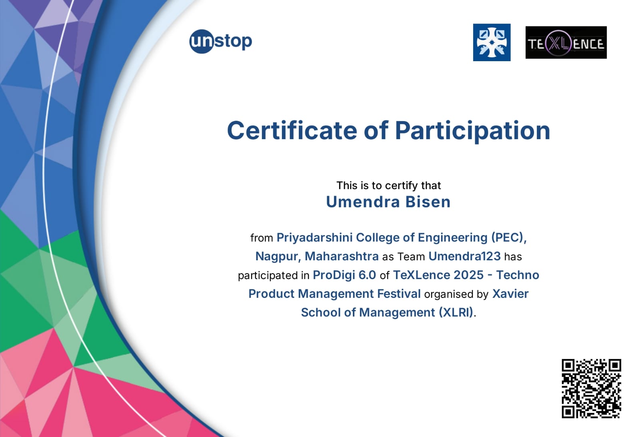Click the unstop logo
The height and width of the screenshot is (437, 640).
pyautogui.click(x=220, y=42)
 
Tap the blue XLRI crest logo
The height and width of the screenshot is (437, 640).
pyautogui.click(x=492, y=42)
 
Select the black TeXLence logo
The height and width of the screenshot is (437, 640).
pyautogui.click(x=566, y=42)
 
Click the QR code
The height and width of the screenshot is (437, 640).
pyautogui.click(x=592, y=389)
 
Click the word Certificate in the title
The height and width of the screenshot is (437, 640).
pyautogui.click(x=292, y=130)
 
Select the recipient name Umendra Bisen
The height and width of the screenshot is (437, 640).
pyautogui.click(x=388, y=202)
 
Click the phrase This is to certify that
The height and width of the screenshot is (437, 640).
pyautogui.click(x=388, y=186)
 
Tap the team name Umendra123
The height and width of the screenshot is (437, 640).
pyautogui.click(x=464, y=256)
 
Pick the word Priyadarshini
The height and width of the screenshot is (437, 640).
pyautogui.click(x=314, y=238)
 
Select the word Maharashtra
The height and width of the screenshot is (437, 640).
pyautogui.click(x=342, y=256)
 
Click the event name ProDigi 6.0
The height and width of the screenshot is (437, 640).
pyautogui.click(x=344, y=275)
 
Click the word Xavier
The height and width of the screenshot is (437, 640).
pyautogui.click(x=510, y=293)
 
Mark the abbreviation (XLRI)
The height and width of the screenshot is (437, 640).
pyautogui.click(x=456, y=313)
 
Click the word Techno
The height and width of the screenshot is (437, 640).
pyautogui.click(x=518, y=275)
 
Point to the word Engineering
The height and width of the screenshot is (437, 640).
pyautogui.click(x=452, y=238)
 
